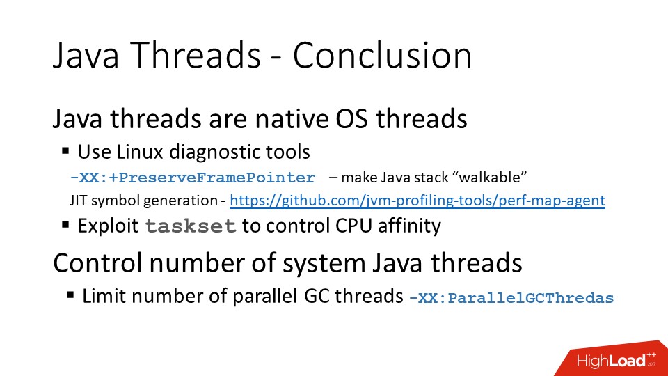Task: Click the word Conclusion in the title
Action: [382, 56]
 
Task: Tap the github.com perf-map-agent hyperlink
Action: [417, 201]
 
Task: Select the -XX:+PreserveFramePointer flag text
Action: [193, 177]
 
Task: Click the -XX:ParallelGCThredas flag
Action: [511, 298]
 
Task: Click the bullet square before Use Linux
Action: [65, 150]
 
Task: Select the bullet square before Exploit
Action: [65, 225]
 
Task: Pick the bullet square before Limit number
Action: [70, 295]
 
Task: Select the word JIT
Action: [78, 201]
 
